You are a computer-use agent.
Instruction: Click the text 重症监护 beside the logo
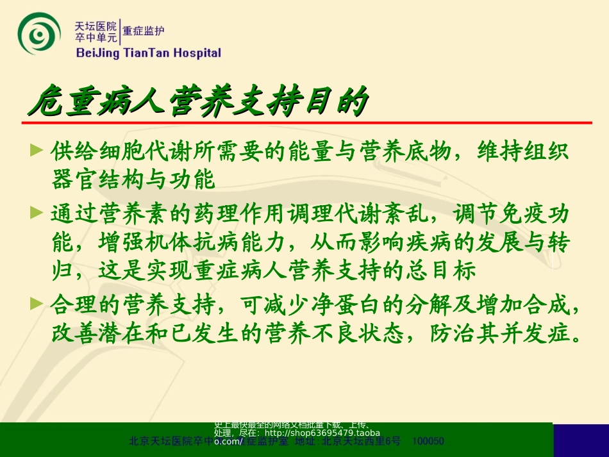[x=143, y=31]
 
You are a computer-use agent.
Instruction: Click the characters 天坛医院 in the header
[x=97, y=26]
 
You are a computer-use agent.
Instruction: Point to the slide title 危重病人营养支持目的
[x=199, y=101]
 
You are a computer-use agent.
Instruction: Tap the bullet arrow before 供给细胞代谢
[x=37, y=151]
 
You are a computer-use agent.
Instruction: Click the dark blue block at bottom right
[x=580, y=439]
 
